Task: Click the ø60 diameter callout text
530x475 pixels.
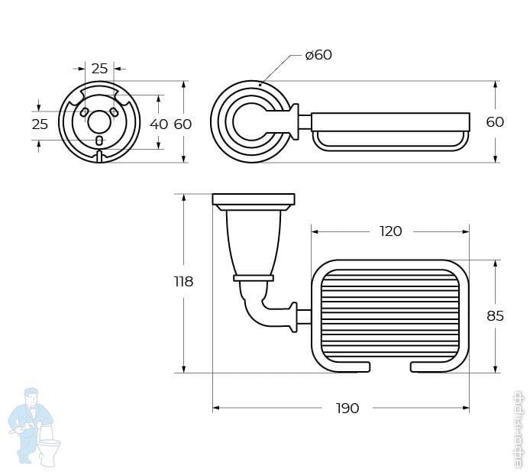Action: click(x=318, y=55)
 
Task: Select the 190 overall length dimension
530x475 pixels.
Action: click(x=347, y=408)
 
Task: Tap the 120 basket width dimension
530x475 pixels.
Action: click(x=391, y=231)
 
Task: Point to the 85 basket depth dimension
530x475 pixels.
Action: click(x=495, y=315)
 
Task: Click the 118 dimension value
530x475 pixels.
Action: click(x=183, y=281)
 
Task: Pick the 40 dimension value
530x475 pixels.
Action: click(x=159, y=124)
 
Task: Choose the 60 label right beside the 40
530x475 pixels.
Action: click(x=183, y=124)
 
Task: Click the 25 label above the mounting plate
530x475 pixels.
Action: click(x=100, y=69)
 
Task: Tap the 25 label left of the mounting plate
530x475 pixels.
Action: click(x=40, y=124)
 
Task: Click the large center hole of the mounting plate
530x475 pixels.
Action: click(x=99, y=122)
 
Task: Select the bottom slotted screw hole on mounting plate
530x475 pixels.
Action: click(x=99, y=141)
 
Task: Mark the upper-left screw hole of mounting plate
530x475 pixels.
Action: click(x=85, y=112)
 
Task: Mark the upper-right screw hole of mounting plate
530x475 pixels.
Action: click(x=114, y=112)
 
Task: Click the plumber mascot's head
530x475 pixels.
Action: click(x=31, y=397)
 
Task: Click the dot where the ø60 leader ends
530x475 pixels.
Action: click(x=260, y=85)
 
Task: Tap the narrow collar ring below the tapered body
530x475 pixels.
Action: click(x=254, y=278)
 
